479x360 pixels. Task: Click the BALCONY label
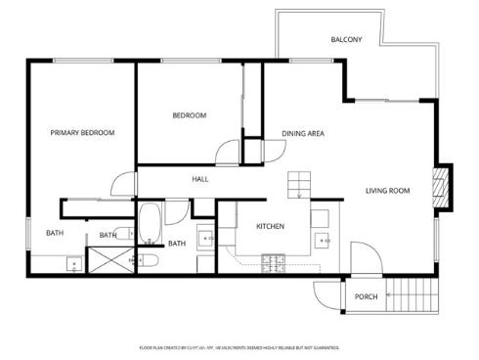[346, 40]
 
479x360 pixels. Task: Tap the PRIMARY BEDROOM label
[83, 132]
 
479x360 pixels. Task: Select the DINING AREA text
[303, 133]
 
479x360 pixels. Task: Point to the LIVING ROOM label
[387, 191]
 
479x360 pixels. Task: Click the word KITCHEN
[270, 227]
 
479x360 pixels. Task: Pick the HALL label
[199, 179]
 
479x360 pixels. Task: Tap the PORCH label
[366, 296]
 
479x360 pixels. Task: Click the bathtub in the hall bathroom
[150, 224]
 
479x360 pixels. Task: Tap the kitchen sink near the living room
[323, 239]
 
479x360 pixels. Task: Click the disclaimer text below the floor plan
[239, 347]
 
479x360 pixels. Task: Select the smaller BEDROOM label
[189, 115]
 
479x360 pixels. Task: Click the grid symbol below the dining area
[298, 185]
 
